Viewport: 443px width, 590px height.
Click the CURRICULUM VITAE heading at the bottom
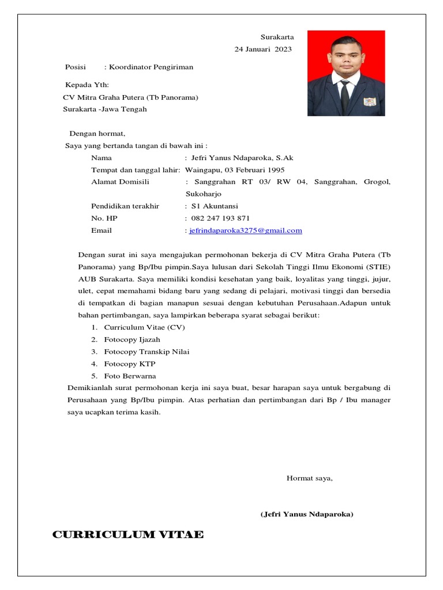[x=127, y=535]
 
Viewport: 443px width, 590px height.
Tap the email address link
[x=246, y=230]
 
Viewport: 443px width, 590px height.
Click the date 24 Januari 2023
[x=263, y=49]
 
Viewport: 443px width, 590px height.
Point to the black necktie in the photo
[x=345, y=97]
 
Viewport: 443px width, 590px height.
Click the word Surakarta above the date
[x=277, y=37]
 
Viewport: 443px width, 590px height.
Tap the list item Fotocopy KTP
[x=130, y=364]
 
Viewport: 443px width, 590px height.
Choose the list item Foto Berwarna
[x=130, y=376]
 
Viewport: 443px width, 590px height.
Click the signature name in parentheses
[x=307, y=514]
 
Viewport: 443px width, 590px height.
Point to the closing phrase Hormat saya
[x=310, y=478]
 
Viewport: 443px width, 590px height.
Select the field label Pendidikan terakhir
[x=125, y=206]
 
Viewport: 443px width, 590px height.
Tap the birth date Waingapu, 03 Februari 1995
[x=235, y=170]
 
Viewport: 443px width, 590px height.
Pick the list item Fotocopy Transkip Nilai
[x=147, y=351]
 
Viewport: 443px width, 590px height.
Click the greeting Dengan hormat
[x=97, y=134]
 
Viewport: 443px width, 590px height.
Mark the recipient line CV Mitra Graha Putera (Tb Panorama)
[x=130, y=97]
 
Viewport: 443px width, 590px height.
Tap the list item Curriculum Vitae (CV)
[x=144, y=327]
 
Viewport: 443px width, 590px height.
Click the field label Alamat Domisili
[x=120, y=182]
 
